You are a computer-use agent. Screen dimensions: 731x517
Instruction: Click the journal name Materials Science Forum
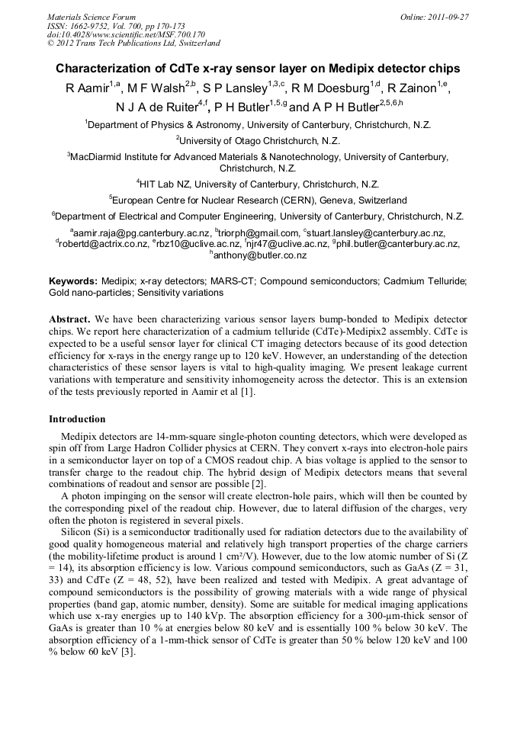click(92, 17)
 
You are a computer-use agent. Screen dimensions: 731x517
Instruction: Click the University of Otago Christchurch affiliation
click(259, 140)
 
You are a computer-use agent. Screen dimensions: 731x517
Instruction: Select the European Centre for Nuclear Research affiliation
click(260, 200)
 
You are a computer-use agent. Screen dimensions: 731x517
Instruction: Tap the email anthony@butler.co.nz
click(260, 255)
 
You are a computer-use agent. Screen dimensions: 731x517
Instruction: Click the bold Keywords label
click(72, 281)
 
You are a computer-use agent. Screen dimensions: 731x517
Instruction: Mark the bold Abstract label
click(69, 317)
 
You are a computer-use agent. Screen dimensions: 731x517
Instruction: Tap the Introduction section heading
click(77, 419)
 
